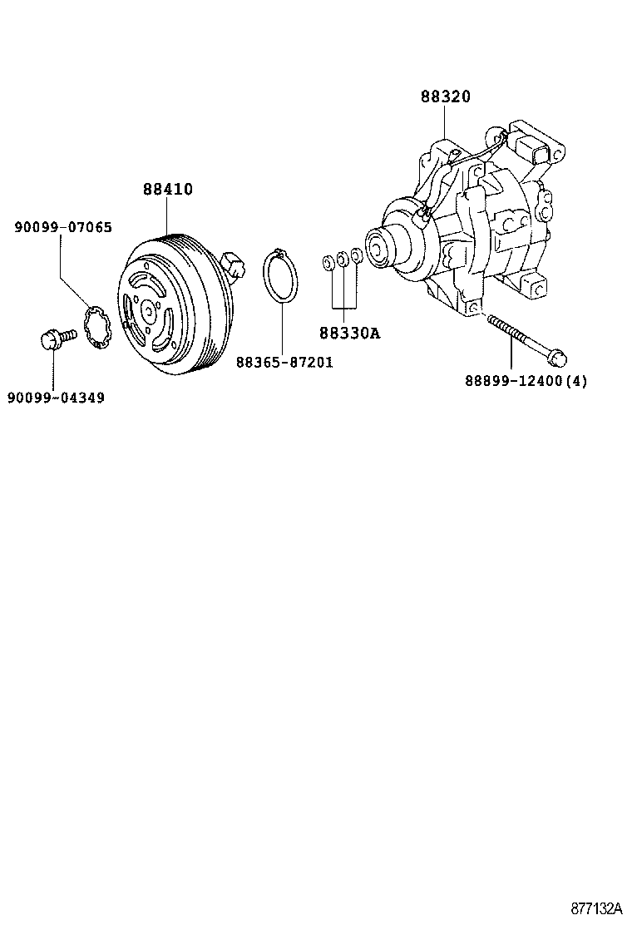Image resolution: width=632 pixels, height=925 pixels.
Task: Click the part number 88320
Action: coord(445,96)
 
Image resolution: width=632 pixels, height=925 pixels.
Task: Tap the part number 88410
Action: coord(167,190)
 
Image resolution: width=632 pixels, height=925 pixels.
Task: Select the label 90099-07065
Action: coord(63,227)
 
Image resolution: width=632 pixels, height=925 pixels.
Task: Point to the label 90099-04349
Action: coord(56,398)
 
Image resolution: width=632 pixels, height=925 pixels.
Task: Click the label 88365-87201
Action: coord(284,363)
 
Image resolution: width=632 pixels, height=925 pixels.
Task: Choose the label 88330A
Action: coord(348,334)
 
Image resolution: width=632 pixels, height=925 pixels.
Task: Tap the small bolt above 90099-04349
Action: coord(55,339)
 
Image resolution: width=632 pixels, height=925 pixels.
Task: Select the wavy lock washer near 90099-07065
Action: coord(100,327)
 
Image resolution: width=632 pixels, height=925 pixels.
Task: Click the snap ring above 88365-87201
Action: coord(281,276)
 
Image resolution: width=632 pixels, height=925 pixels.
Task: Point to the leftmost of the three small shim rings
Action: coord(328,265)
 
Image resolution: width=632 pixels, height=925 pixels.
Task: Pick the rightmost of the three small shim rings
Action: coord(356,256)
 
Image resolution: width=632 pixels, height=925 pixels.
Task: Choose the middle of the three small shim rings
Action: coord(342,260)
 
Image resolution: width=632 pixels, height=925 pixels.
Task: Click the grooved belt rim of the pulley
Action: coord(195,250)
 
